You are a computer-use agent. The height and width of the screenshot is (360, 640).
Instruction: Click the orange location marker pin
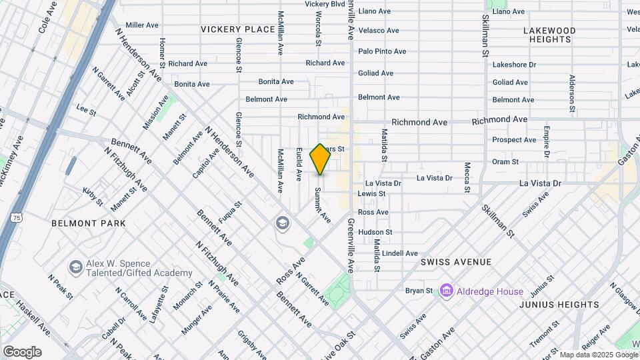tap(321, 159)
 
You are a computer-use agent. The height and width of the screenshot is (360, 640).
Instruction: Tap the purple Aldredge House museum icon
tap(446, 291)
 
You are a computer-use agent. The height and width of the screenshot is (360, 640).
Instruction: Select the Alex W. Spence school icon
tap(75, 267)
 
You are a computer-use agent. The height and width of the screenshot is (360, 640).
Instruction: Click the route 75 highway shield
tap(15, 217)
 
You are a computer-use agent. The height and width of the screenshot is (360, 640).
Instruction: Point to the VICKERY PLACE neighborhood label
tap(238, 29)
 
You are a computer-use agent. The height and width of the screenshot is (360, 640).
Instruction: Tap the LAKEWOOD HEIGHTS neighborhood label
tap(549, 35)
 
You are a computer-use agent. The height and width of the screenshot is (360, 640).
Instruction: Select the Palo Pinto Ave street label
tap(382, 51)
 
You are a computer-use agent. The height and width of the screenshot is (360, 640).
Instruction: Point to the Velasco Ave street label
tap(379, 31)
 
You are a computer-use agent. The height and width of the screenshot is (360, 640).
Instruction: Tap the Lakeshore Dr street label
tap(514, 65)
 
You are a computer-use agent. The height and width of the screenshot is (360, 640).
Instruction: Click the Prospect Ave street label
tap(514, 140)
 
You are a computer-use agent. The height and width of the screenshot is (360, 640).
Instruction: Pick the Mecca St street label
tap(467, 176)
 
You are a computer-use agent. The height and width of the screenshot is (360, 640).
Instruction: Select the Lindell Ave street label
tap(400, 253)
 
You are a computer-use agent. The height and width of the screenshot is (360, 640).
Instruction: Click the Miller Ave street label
tap(142, 25)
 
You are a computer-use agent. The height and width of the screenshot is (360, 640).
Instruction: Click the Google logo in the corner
tap(22, 351)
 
